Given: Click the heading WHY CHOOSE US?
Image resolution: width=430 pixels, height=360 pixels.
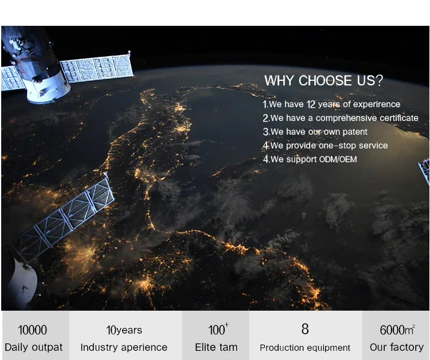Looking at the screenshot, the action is click(323, 81).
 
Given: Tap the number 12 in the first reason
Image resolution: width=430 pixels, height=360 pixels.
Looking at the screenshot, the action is click(311, 104).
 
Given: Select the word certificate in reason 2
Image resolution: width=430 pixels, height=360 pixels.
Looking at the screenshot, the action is click(399, 118).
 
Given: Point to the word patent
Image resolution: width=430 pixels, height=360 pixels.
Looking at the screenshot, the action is click(355, 132).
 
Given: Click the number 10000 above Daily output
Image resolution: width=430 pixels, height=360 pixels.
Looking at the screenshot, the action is click(32, 330).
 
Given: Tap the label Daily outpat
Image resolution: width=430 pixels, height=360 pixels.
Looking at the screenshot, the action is click(34, 347).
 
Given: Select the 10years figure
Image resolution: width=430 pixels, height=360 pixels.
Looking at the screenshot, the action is click(124, 330).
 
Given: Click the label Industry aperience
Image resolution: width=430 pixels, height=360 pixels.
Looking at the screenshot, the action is click(124, 347).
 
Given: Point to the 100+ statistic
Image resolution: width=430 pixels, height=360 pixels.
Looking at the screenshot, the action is click(218, 329).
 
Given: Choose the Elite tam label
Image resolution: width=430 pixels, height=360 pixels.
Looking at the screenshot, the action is click(216, 347).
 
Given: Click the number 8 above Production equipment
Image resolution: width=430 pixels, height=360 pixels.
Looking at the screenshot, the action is click(305, 329).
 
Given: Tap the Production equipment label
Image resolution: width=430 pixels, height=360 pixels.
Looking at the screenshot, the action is click(305, 347).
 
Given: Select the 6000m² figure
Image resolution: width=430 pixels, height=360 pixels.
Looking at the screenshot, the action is click(397, 330).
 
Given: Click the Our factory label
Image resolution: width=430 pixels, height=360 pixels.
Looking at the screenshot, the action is click(397, 347).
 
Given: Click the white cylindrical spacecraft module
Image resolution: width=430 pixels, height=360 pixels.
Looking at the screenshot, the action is click(48, 87).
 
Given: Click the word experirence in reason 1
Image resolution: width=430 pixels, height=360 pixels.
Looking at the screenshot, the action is click(377, 104).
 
